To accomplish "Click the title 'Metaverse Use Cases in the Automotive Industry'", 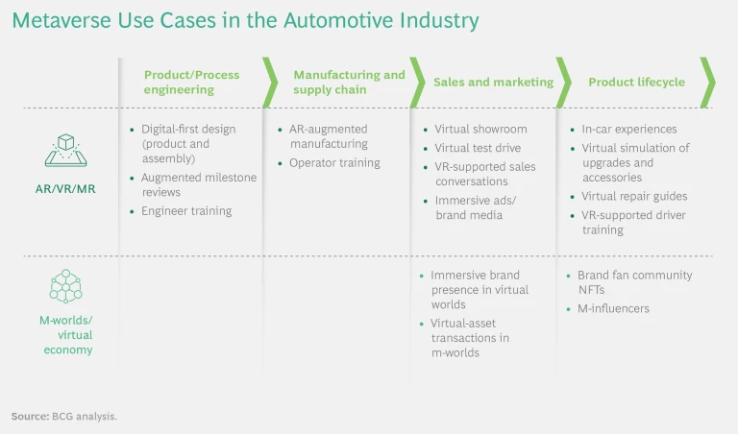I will pyautogui.click(x=244, y=20).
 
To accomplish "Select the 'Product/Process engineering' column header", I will pyautogui.click(x=191, y=82).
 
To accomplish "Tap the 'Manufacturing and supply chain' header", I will pyautogui.click(x=349, y=82).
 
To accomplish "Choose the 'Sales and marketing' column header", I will pyautogui.click(x=493, y=82).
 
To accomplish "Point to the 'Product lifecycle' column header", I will pyautogui.click(x=636, y=82).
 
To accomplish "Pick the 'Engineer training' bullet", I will pyautogui.click(x=185, y=211).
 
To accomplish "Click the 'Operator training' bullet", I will pyautogui.click(x=334, y=163).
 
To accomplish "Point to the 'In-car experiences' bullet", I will pyautogui.click(x=628, y=129).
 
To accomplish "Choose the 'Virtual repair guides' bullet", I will pyautogui.click(x=634, y=197).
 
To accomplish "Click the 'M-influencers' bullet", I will pyautogui.click(x=613, y=309).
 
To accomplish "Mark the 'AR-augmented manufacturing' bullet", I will pyautogui.click(x=329, y=136).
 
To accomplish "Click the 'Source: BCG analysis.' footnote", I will pyautogui.click(x=63, y=417).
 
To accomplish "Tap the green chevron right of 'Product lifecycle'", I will pyautogui.click(x=707, y=82).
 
